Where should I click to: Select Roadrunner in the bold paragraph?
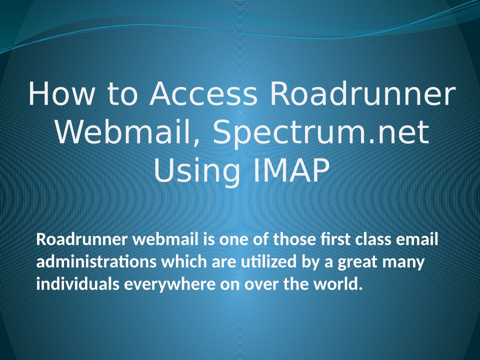[x=81, y=239]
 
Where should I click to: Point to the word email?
[x=417, y=239]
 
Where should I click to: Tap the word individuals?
[x=78, y=284]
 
